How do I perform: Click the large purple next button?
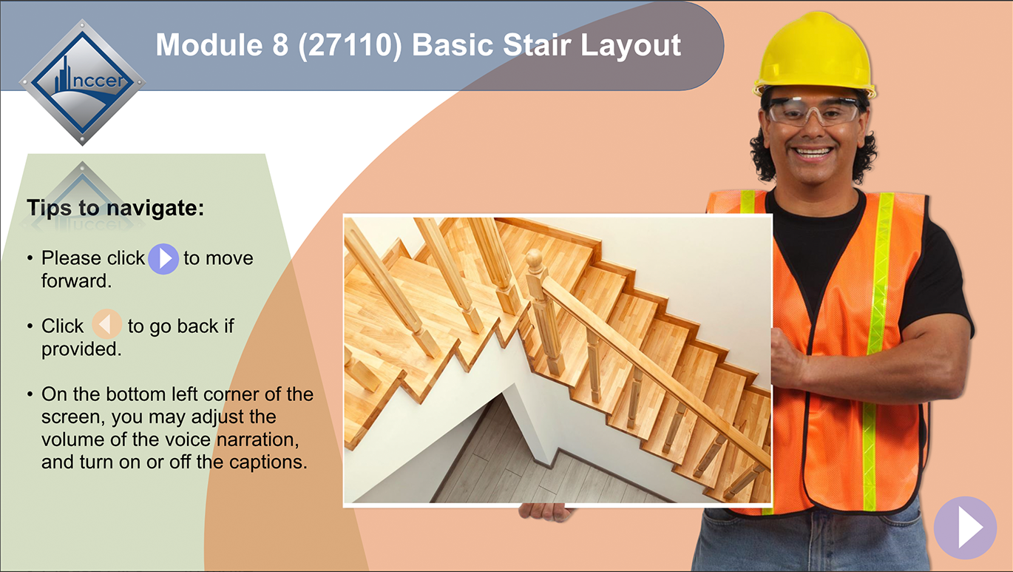coord(965,528)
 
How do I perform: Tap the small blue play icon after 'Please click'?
coord(163,259)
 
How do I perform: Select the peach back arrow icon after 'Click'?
coord(107,324)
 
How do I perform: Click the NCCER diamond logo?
coord(82,82)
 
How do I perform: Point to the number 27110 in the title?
coord(350,45)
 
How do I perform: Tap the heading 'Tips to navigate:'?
coord(115,208)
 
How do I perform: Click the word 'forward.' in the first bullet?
coord(76,281)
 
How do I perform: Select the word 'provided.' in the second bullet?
coord(81,349)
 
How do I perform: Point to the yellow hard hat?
coord(814,54)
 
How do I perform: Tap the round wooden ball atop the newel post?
coord(535,258)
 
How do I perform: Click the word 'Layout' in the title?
coord(631,47)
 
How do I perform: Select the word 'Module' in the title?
coord(209,45)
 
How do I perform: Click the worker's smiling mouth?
coord(813,152)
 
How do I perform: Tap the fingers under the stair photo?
coord(546,512)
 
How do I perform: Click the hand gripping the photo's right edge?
coord(787,358)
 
